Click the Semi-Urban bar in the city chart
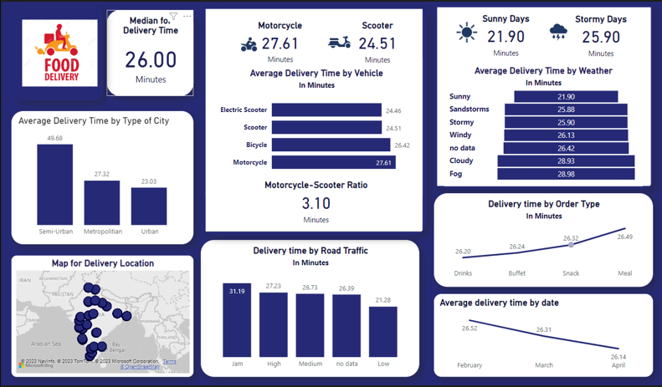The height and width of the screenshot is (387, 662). coord(54,184)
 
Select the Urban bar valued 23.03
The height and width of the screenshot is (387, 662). coord(149,206)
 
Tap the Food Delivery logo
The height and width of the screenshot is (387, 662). coord(57,53)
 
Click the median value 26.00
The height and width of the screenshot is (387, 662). coord(151,60)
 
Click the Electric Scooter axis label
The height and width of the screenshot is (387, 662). coord(244,109)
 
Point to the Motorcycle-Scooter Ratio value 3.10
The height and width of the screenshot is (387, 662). coord(316,203)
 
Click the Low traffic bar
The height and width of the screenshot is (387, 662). coord(383,335)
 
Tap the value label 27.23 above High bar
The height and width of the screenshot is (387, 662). coord(273,286)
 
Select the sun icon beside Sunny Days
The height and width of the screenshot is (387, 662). coord(466,33)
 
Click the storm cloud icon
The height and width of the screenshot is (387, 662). coord(558,33)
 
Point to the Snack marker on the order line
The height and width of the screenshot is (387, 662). coord(571,245)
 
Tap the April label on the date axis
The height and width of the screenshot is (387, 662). coord(618,364)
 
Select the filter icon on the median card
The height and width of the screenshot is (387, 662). coord(173,16)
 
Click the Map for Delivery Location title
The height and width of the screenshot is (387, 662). coord(103,263)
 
